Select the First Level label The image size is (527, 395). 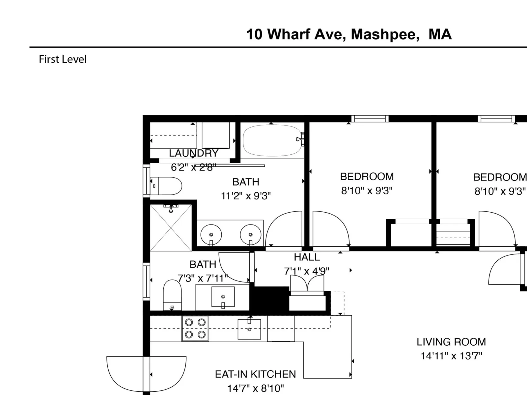[x=63, y=59]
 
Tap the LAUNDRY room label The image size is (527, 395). [x=194, y=153]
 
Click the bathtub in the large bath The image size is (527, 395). [x=272, y=140]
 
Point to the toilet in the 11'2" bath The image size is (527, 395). [x=166, y=186]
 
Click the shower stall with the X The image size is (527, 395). [x=171, y=227]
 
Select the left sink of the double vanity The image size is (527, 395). [x=211, y=235]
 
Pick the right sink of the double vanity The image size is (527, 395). [x=250, y=235]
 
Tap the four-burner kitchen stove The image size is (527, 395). [x=195, y=328]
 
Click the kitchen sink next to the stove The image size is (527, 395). [x=249, y=329]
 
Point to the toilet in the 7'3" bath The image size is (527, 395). [x=172, y=295]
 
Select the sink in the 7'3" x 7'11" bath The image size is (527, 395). [x=223, y=297]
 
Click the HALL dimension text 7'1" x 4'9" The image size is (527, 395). [x=307, y=271]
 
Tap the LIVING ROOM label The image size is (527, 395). [x=451, y=342]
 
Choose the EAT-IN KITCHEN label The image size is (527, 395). [x=256, y=374]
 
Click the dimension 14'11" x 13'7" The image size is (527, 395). [x=451, y=356]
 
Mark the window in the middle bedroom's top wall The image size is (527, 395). [x=370, y=119]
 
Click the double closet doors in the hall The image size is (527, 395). [x=307, y=283]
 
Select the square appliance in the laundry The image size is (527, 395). [x=216, y=135]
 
